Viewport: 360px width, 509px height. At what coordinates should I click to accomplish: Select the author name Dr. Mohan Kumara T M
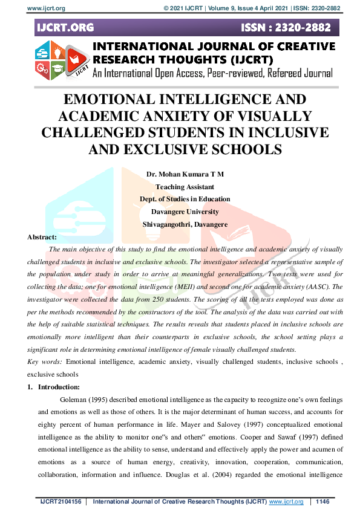tap(185, 174)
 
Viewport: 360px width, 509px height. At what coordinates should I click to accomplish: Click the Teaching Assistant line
tap(185, 187)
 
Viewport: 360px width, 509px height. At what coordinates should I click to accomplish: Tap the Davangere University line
tap(185, 212)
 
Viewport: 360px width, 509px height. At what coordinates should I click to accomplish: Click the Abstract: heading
tap(42, 237)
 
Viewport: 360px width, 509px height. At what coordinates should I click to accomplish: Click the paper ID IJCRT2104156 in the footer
tap(59, 502)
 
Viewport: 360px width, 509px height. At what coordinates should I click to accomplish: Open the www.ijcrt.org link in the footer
tap(286, 502)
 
